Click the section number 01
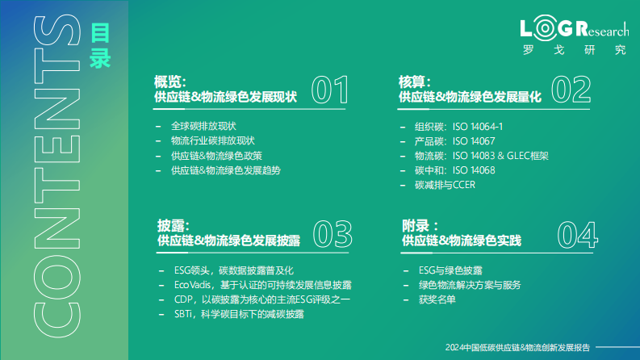pos(329,90)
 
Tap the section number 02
pos(571,90)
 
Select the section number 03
pos(333,233)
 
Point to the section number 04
pos(577,234)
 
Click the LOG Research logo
pos(574,36)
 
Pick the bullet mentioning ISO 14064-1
pos(459,127)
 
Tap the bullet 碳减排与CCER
pos(445,185)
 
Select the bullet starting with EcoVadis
pos(263,285)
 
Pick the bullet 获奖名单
pos(438,299)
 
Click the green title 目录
pos(101,46)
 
